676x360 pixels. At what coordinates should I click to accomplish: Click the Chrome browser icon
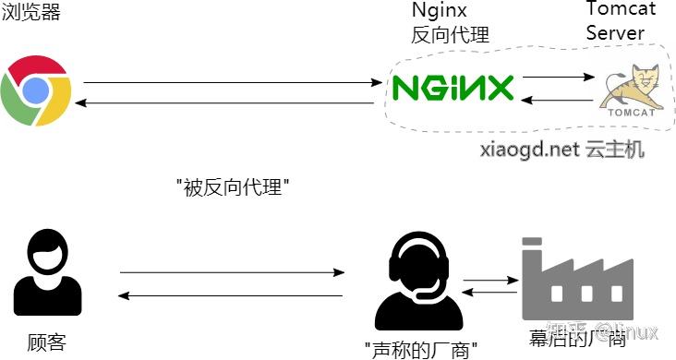[35, 90]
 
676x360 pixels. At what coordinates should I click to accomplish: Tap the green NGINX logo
[453, 89]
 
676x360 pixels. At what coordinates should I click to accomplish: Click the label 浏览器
[26, 12]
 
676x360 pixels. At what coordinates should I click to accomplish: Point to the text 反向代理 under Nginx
[450, 36]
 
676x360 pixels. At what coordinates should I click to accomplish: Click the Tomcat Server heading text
[621, 22]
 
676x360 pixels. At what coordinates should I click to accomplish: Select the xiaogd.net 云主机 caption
[561, 149]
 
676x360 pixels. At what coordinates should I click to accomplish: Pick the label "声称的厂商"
[419, 349]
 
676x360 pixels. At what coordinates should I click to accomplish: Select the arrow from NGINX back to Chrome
[226, 102]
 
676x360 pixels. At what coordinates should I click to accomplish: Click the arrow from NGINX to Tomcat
[557, 78]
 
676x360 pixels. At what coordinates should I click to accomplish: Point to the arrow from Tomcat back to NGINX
[557, 101]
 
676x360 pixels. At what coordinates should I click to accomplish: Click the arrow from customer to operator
[231, 272]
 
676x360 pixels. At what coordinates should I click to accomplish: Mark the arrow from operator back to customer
[231, 295]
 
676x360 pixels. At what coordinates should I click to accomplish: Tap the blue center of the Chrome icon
[35, 90]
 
